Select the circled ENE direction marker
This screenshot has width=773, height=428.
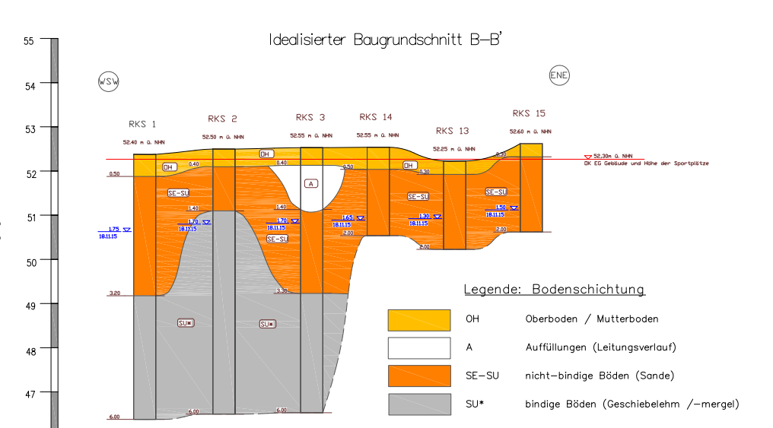point(559,75)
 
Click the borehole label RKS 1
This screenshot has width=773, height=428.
point(142,124)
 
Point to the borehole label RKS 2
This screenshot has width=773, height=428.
point(222,119)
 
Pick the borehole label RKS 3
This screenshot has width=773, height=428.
point(310,117)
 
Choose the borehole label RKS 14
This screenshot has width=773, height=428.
point(376,117)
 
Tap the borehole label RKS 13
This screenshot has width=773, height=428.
point(453,130)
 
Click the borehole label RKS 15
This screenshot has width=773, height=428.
point(529,113)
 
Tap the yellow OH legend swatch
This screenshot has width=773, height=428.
point(418,320)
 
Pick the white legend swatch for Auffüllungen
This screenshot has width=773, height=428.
point(418,347)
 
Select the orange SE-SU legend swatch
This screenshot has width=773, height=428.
point(418,376)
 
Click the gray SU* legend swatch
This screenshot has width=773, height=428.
point(418,404)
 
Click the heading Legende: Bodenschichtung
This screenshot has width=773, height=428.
point(555,290)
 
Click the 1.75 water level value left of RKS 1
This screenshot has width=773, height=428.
point(114,229)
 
